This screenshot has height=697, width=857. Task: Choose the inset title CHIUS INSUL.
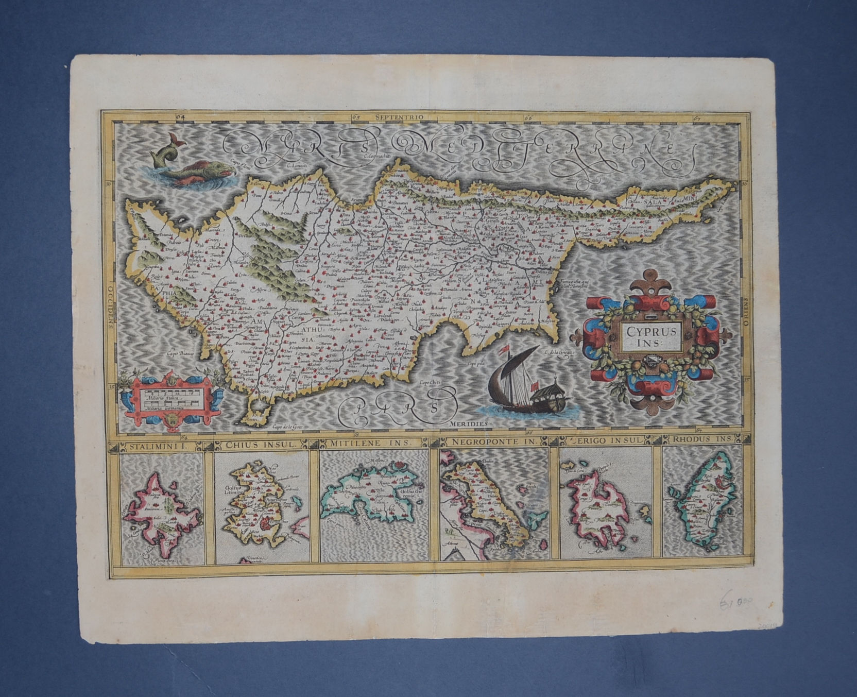259,442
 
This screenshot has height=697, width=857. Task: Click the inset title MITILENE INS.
370,441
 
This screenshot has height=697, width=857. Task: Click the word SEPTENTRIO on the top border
399,117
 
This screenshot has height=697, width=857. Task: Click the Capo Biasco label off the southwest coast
179,354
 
